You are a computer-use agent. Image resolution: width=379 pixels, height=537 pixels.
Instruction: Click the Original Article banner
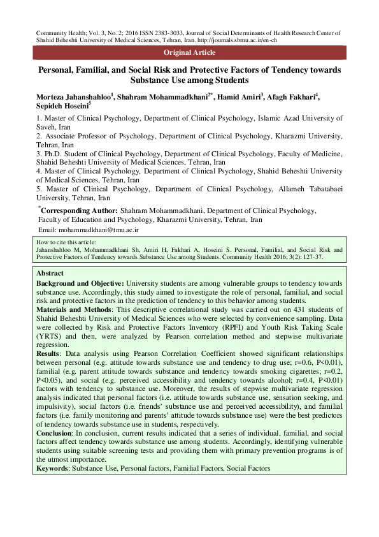(x=189, y=52)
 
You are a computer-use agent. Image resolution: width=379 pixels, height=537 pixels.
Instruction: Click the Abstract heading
(x=50, y=272)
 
